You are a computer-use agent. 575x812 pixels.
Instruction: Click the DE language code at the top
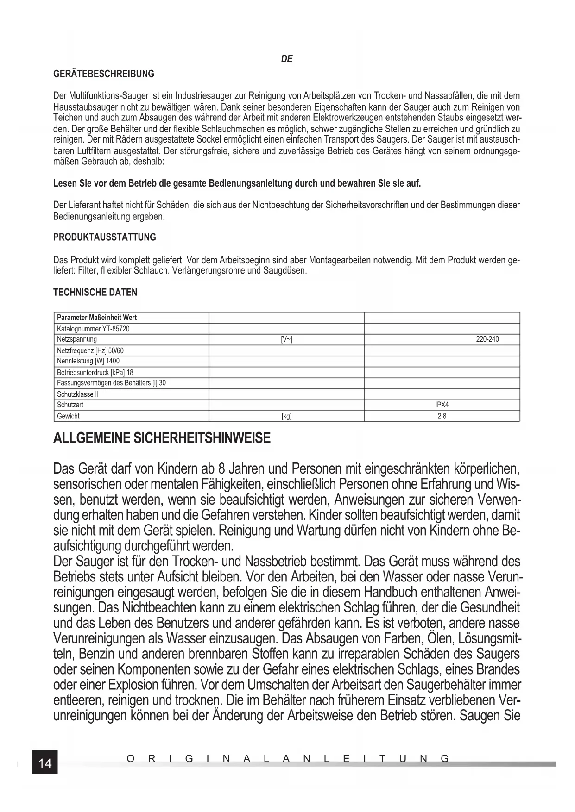click(x=287, y=59)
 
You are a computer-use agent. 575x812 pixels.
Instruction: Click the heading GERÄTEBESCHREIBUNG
click(x=104, y=74)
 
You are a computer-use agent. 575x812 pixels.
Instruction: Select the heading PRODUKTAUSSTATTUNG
click(x=105, y=237)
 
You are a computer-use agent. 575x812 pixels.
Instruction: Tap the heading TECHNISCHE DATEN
click(x=95, y=293)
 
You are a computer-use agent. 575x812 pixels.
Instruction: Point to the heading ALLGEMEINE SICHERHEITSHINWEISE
click(x=162, y=438)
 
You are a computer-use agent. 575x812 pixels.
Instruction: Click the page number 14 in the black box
click(x=45, y=762)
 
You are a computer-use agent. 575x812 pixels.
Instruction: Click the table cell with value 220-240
click(x=487, y=339)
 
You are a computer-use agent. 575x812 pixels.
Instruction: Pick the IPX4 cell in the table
click(x=442, y=405)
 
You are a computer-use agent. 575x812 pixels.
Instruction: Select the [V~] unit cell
click(x=286, y=339)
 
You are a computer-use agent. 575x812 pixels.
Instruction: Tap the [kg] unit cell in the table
click(x=286, y=416)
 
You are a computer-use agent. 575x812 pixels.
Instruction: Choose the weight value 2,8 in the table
click(x=442, y=416)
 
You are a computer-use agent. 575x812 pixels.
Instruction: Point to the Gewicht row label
click(x=68, y=416)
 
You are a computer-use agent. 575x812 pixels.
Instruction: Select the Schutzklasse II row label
click(x=78, y=394)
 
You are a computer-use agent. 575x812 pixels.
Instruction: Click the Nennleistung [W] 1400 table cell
click(x=88, y=361)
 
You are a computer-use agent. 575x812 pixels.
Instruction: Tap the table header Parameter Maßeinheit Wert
click(x=96, y=318)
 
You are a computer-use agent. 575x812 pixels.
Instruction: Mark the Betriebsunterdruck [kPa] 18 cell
click(x=95, y=372)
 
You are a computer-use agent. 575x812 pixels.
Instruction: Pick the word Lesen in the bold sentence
click(x=64, y=183)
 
